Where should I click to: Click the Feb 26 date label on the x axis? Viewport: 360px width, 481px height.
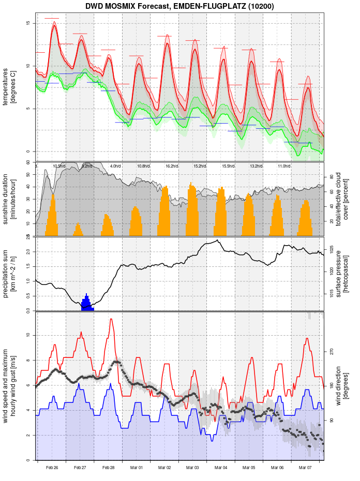[x=52, y=468]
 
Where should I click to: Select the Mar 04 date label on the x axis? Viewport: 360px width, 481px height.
[x=221, y=468]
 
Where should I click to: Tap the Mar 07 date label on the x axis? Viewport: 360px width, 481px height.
[x=305, y=468]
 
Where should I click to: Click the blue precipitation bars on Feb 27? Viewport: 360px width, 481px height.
[x=86, y=304]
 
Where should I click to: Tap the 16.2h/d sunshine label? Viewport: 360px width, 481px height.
[x=172, y=166]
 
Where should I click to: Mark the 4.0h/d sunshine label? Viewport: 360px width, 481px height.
[x=115, y=166]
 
